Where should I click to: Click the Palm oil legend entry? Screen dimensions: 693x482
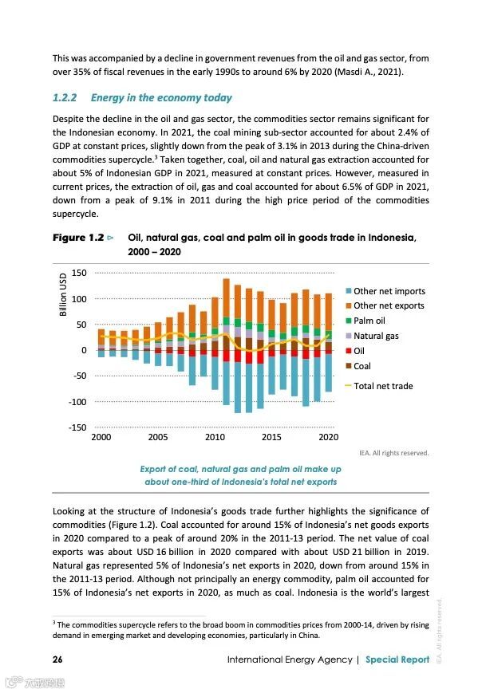click(369, 321)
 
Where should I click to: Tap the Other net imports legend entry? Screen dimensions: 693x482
click(389, 291)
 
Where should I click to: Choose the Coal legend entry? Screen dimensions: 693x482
click(361, 366)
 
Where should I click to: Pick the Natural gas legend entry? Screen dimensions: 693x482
click(376, 336)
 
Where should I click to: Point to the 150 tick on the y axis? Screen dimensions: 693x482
click(78, 273)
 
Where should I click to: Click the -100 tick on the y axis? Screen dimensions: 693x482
click(77, 402)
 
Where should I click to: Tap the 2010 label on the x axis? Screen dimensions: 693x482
click(215, 437)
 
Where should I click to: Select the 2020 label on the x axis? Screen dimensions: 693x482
click(328, 437)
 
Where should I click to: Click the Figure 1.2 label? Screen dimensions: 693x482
click(79, 238)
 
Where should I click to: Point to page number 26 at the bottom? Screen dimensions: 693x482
click(57, 660)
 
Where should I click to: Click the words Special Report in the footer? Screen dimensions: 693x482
click(397, 660)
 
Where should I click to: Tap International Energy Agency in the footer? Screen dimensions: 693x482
click(289, 660)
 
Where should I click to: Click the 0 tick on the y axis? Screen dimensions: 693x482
click(83, 350)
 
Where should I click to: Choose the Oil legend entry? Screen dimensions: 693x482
click(358, 351)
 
